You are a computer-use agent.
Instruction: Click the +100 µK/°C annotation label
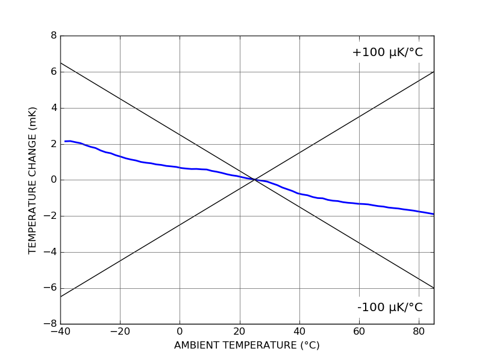(x=387, y=52)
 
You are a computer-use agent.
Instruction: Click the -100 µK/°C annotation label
(x=390, y=308)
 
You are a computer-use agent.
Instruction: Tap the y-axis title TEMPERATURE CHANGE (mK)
(x=33, y=180)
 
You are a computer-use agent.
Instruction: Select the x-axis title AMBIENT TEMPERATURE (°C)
(x=246, y=346)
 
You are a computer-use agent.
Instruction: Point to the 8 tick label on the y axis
(x=54, y=36)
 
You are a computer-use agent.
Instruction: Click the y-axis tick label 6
(x=54, y=72)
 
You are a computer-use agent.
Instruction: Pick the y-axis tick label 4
(x=54, y=108)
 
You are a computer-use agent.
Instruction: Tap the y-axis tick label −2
(x=51, y=216)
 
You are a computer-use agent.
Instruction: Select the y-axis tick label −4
(x=51, y=252)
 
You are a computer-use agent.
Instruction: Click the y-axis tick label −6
(x=51, y=288)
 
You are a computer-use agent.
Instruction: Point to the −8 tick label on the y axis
(x=51, y=324)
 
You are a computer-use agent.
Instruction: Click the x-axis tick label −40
(x=60, y=331)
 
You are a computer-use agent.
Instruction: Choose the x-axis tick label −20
(x=120, y=331)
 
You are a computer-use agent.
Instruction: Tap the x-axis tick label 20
(x=240, y=331)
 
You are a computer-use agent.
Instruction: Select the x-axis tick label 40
(x=299, y=331)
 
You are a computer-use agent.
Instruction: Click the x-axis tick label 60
(x=359, y=331)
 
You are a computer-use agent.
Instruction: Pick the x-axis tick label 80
(x=419, y=331)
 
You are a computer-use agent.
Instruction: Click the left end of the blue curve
(x=65, y=141)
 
